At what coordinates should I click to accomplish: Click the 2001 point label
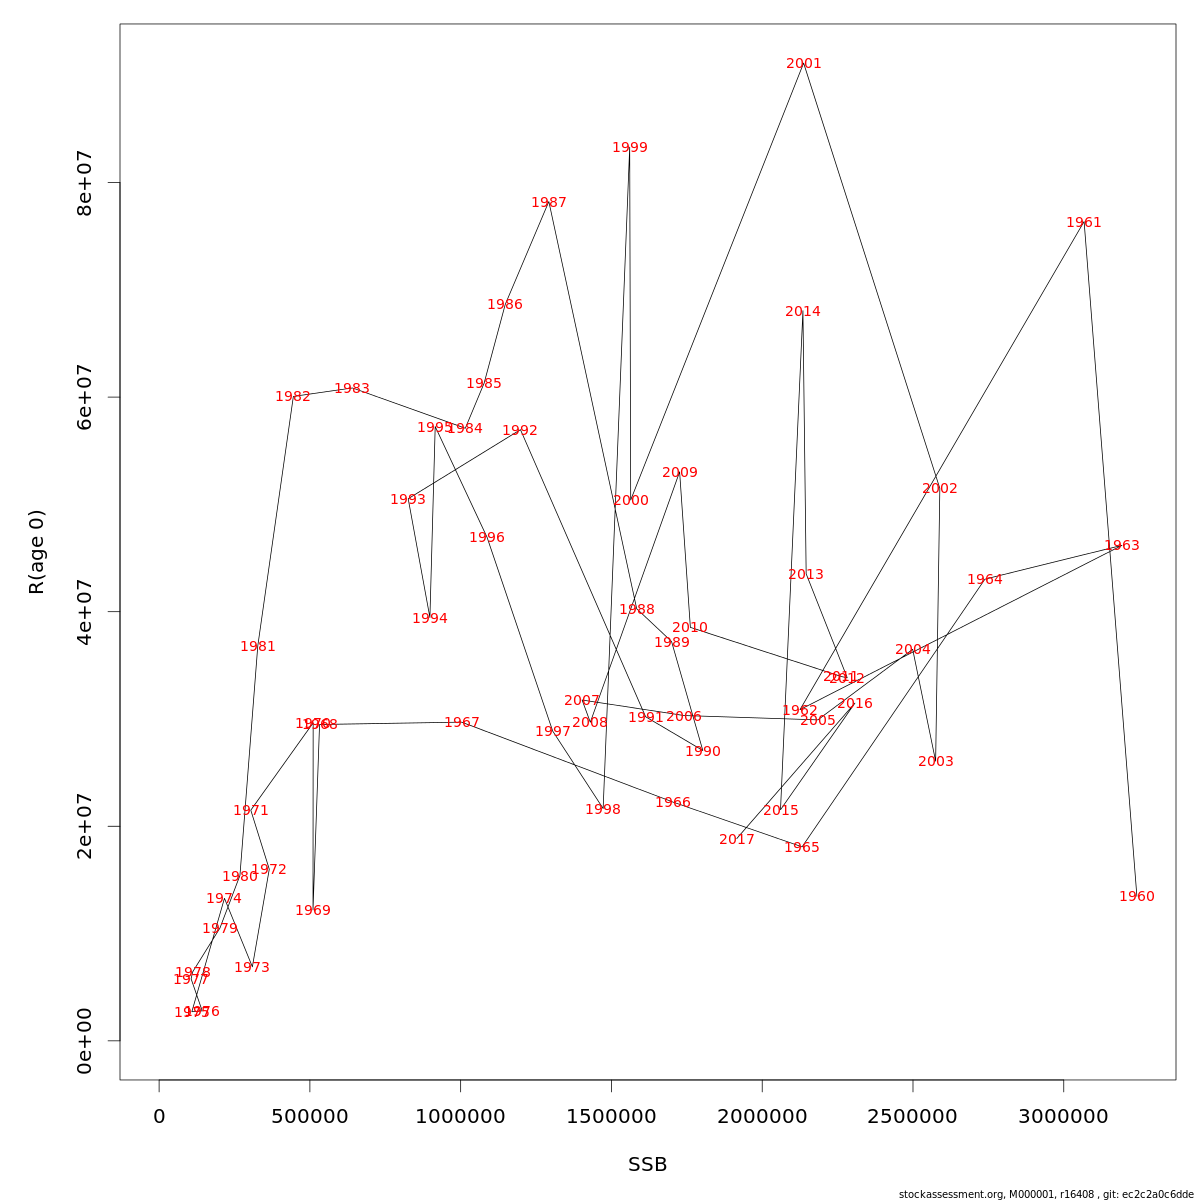click(804, 64)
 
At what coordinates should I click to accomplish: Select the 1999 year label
click(630, 148)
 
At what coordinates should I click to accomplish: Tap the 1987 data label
click(549, 203)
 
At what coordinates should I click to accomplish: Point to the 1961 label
click(1084, 223)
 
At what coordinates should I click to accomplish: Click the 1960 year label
click(1137, 897)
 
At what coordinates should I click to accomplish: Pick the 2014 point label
click(803, 312)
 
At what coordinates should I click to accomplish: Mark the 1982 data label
click(293, 397)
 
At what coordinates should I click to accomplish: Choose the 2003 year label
click(936, 762)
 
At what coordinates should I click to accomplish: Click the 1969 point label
click(313, 911)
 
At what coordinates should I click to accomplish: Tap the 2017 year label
click(737, 840)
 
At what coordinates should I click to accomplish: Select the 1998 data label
click(603, 810)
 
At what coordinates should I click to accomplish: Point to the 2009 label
click(680, 473)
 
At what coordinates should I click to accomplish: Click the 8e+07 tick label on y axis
click(85, 183)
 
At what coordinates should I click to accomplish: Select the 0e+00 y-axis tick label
click(85, 1041)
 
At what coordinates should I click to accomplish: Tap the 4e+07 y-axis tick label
click(85, 612)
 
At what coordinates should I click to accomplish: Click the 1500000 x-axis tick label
click(611, 1116)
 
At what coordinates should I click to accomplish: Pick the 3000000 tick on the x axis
click(1063, 1116)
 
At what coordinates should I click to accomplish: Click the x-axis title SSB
click(648, 1165)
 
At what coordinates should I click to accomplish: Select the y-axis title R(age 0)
click(37, 552)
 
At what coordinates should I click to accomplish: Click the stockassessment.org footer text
click(1046, 1194)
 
